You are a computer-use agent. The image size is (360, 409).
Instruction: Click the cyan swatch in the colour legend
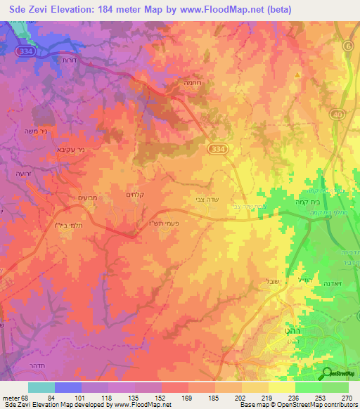(41, 387)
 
